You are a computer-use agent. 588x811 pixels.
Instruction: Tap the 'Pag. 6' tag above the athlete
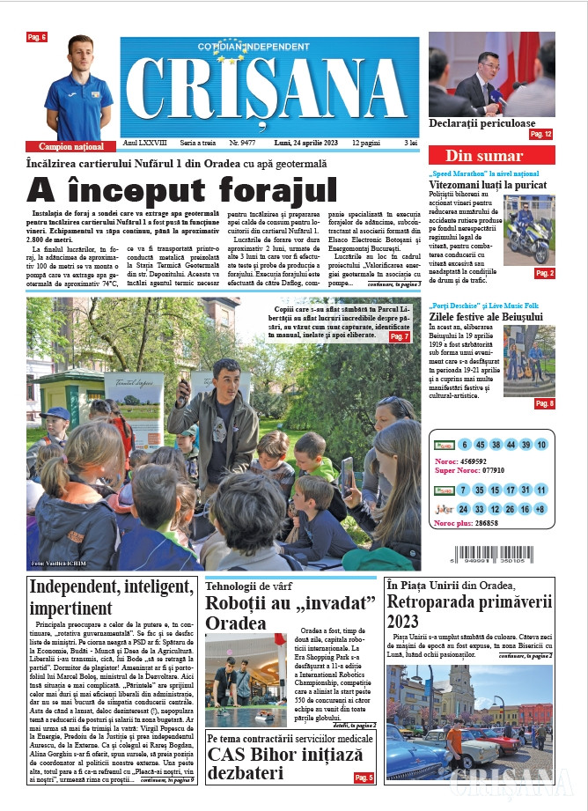click(x=37, y=37)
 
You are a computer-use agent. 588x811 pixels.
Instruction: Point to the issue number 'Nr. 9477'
click(x=242, y=142)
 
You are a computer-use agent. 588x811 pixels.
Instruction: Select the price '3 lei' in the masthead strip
click(x=410, y=142)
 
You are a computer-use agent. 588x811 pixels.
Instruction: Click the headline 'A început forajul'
click(x=182, y=189)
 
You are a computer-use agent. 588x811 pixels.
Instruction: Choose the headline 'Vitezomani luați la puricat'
click(x=488, y=185)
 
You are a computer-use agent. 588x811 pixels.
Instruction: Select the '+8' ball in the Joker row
click(x=540, y=509)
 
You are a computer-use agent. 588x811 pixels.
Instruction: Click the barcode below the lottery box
click(x=491, y=557)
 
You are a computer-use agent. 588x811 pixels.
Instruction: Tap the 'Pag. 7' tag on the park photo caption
click(x=400, y=336)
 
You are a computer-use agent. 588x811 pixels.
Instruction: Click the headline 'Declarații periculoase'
click(x=481, y=123)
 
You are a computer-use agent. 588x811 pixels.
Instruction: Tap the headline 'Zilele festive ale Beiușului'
click(x=488, y=316)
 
